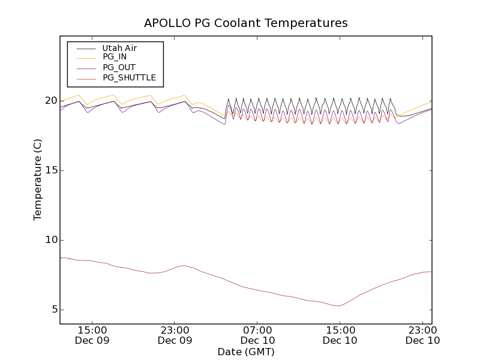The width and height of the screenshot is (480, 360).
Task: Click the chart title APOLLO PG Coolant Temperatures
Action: click(x=246, y=23)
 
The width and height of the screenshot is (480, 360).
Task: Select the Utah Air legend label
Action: click(x=121, y=48)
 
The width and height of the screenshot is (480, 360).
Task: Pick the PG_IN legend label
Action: click(x=115, y=57)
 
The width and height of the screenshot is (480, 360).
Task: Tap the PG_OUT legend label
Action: click(x=119, y=67)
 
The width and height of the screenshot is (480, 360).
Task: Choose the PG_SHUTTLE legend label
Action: click(x=129, y=77)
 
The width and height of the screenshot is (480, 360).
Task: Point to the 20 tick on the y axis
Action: click(x=50, y=101)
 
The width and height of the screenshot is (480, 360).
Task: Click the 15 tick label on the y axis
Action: click(x=50, y=170)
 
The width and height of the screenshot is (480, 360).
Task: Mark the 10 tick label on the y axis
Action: click(x=50, y=240)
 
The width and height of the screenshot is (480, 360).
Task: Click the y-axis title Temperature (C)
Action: click(x=38, y=180)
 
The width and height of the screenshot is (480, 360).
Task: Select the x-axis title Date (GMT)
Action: click(x=246, y=352)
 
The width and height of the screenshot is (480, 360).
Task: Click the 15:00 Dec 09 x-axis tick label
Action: click(x=92, y=335)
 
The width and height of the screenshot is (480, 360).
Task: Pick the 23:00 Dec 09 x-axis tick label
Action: click(x=175, y=335)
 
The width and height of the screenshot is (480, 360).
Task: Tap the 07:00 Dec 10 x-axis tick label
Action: click(x=258, y=335)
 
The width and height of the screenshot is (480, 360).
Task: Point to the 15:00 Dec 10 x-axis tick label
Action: click(x=340, y=335)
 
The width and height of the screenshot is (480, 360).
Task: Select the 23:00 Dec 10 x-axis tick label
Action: click(x=423, y=335)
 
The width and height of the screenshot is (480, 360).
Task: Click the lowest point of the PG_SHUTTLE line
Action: click(x=338, y=306)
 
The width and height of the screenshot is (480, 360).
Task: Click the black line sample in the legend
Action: click(x=85, y=48)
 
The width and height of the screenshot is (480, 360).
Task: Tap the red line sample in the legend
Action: click(x=85, y=78)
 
